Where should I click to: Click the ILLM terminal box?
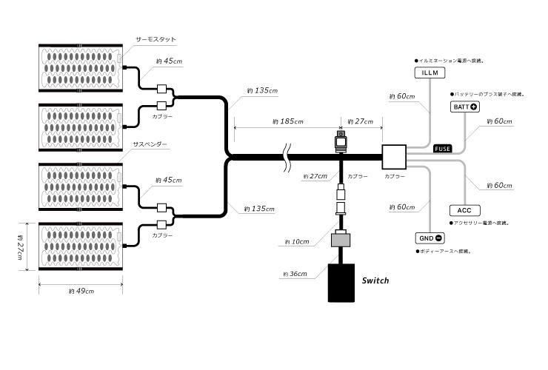430,73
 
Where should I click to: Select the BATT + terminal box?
464,107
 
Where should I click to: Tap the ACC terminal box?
464,210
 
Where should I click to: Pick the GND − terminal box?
430,238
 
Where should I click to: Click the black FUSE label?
443,148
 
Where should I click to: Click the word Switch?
375,281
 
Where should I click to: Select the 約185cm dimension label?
287,121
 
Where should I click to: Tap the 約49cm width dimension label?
81,292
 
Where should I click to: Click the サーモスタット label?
156,39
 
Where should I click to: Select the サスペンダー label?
150,144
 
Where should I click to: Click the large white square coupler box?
394,157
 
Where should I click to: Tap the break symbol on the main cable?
287,157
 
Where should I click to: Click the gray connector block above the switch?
341,238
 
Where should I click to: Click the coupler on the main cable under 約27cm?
341,141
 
